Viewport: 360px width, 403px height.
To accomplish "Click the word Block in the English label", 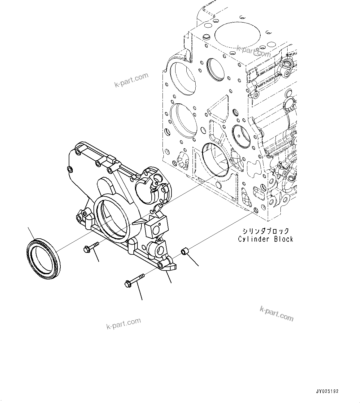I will click(283, 239).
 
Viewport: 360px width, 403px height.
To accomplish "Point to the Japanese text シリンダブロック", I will click(266, 231).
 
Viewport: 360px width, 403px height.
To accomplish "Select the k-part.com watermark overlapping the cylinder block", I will click(253, 51).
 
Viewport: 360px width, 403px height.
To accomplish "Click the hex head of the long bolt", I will click(127, 283).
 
